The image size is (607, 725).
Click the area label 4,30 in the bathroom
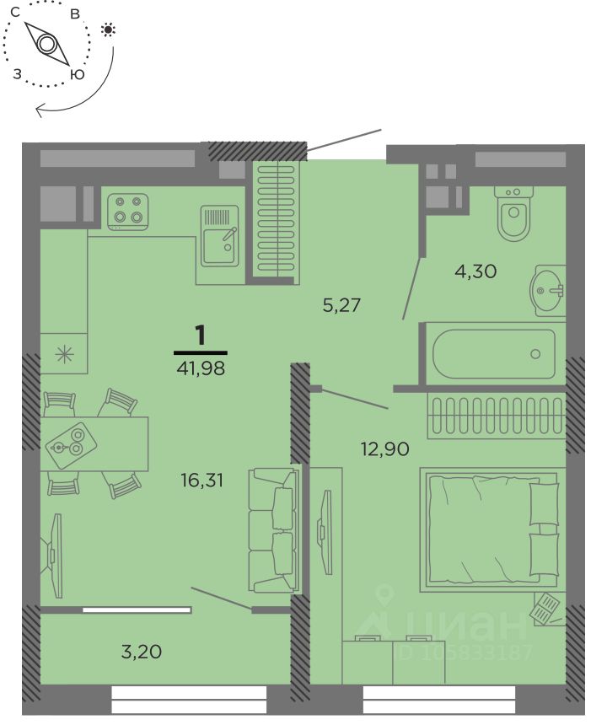[475, 271]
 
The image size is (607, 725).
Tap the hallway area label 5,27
[341, 305]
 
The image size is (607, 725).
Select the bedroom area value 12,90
[385, 448]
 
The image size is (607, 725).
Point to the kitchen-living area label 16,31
[202, 480]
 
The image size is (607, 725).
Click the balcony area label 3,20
[142, 652]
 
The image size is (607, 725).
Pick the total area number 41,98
[201, 368]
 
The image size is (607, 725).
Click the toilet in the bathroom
[513, 212]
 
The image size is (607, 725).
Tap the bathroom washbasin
[548, 290]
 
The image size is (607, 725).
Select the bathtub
[494, 354]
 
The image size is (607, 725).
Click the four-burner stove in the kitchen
[128, 212]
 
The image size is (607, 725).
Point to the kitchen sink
[220, 236]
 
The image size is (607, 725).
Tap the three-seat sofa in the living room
[273, 530]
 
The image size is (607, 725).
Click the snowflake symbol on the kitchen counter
[64, 355]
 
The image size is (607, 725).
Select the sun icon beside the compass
[108, 30]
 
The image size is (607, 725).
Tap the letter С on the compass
[15, 13]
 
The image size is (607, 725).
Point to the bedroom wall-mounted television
[325, 532]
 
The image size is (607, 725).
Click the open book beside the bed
[546, 608]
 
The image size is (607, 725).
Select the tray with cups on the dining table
[71, 444]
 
